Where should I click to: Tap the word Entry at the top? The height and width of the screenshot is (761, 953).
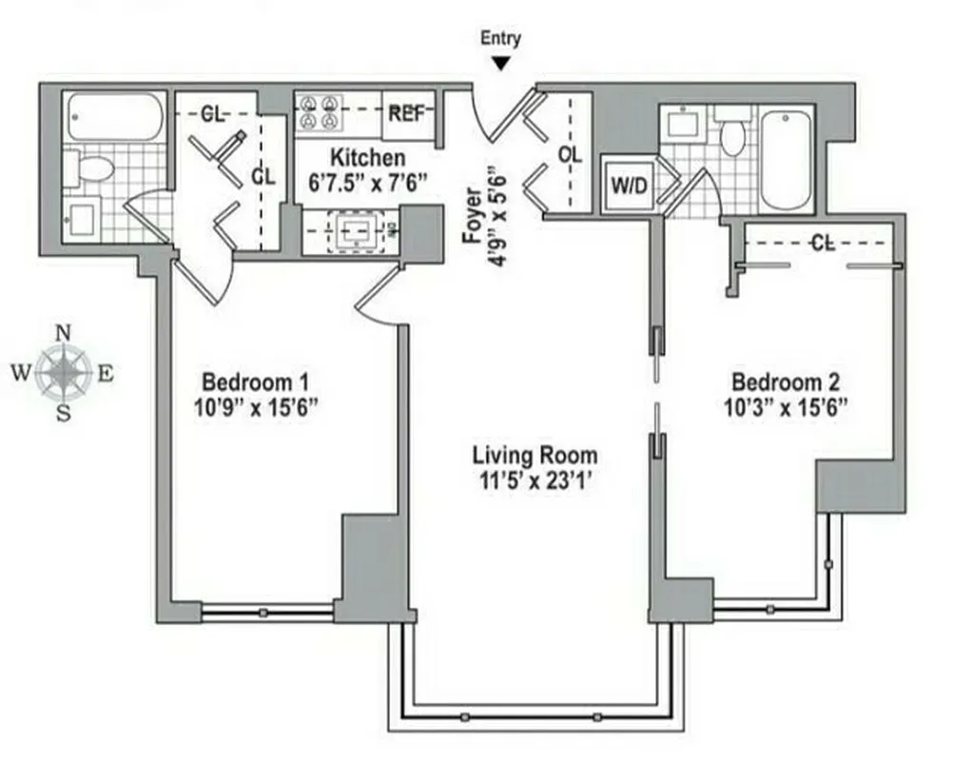coord(501,39)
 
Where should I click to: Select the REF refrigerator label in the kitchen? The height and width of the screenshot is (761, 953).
coord(407,114)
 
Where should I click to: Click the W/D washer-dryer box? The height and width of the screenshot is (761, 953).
coord(628,185)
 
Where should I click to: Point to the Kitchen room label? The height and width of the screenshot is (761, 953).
coord(366,158)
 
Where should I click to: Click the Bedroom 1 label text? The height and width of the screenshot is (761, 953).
coord(256,382)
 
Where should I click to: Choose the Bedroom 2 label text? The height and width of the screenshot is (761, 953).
coord(785,382)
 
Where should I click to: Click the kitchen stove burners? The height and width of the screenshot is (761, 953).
coord(321,112)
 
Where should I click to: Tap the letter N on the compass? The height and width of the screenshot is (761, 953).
coord(64,333)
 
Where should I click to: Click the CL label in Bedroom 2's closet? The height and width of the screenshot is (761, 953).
coord(823,244)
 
